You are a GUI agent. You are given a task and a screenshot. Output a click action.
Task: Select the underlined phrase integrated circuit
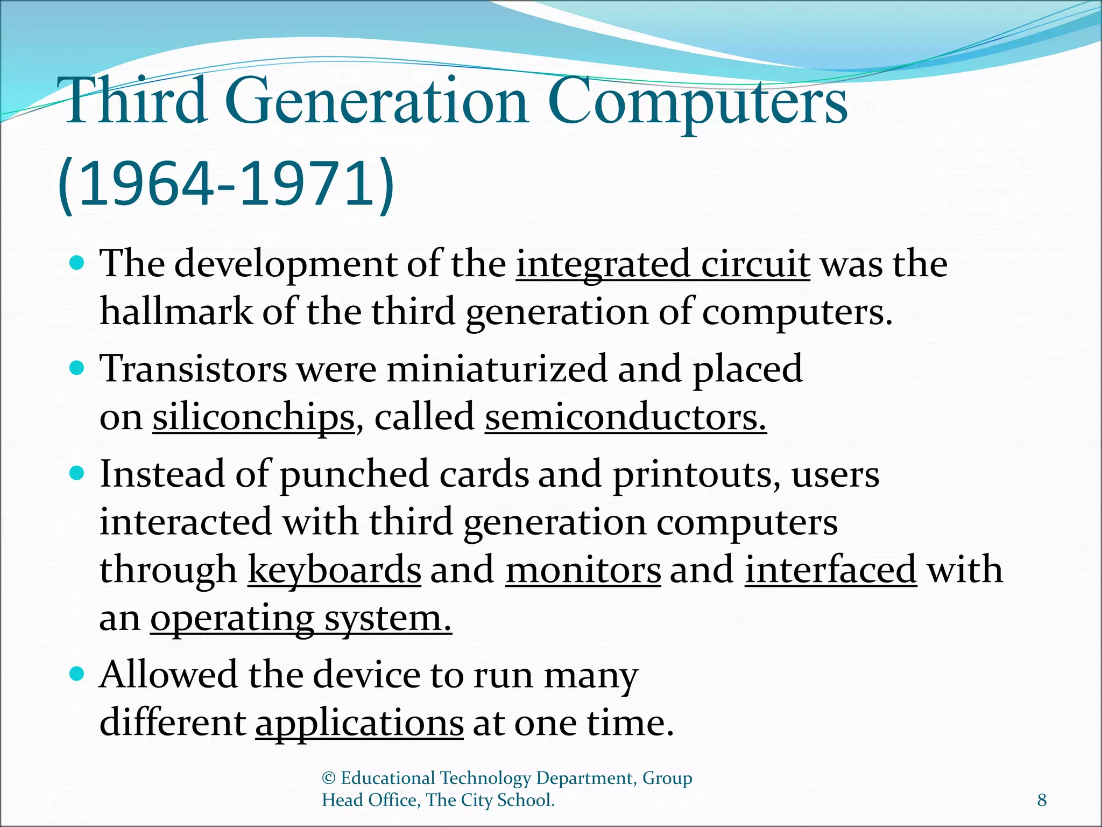pos(663,264)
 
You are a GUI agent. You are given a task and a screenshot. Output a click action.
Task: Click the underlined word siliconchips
pos(253,417)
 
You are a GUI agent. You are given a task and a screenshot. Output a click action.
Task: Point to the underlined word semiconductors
pos(625,417)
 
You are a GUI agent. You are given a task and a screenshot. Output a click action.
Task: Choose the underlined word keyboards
pos(334,570)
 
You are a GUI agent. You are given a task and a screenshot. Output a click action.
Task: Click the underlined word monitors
pos(583,570)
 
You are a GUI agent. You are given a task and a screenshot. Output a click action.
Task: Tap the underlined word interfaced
pos(830,570)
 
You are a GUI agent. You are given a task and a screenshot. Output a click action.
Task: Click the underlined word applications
pos(359,723)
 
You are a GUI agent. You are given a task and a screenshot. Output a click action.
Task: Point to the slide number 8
pos(1042,800)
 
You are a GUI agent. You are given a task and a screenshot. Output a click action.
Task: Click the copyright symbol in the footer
pos(329,778)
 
